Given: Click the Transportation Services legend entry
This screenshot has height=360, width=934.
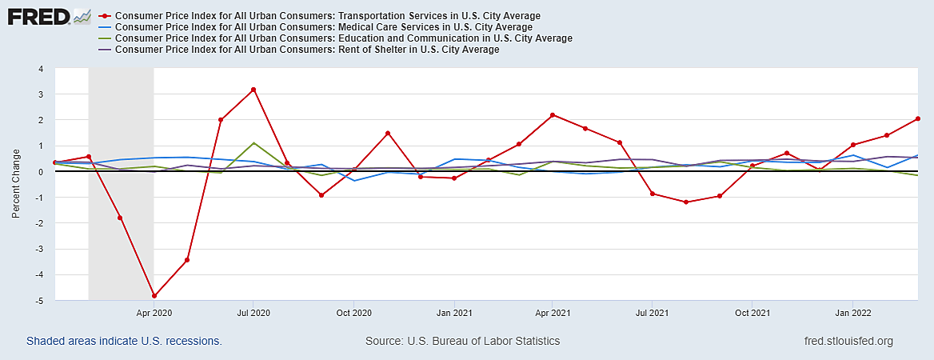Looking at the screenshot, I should (328, 16).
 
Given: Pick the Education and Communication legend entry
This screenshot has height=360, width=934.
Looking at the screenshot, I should (344, 38).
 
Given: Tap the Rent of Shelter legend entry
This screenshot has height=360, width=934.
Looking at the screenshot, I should (307, 50).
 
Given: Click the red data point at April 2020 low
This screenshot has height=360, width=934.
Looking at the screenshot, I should (154, 296).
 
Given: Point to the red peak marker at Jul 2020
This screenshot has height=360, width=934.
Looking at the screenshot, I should (253, 90).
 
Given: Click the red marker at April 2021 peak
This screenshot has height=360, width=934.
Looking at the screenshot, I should (553, 115).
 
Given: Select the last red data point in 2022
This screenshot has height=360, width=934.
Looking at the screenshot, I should (917, 118).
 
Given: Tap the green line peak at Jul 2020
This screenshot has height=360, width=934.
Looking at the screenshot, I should (253, 143).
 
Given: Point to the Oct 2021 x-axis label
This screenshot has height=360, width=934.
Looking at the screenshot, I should (752, 313).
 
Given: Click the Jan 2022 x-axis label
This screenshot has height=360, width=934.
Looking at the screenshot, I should (852, 313).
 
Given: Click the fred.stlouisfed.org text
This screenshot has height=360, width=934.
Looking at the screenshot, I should (848, 341).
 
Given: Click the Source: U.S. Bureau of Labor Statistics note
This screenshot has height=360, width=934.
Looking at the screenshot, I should (462, 341).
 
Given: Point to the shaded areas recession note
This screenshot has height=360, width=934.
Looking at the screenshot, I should (124, 341).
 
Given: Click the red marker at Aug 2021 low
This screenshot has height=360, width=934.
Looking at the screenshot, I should (686, 202).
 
